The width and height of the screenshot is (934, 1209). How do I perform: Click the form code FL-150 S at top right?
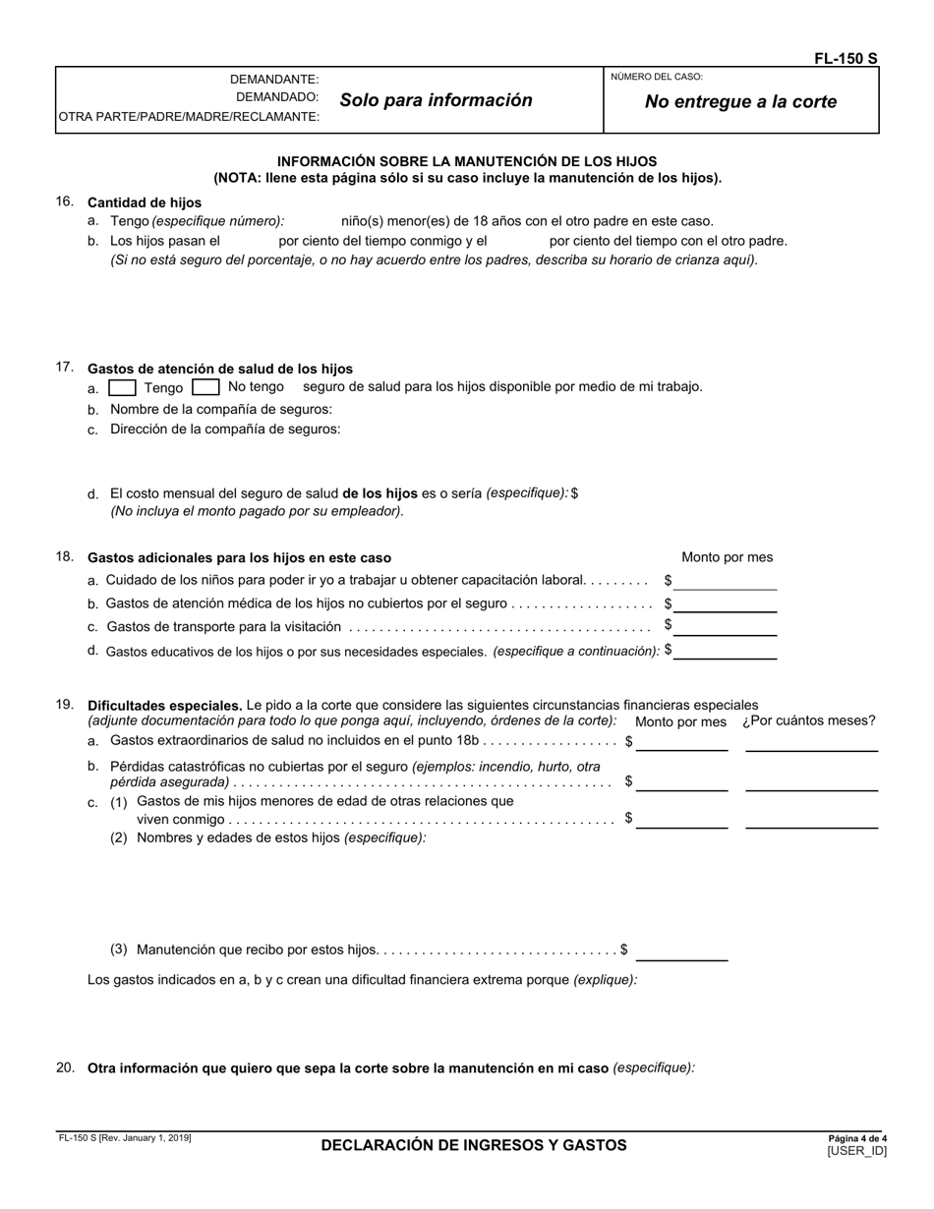(x=845, y=58)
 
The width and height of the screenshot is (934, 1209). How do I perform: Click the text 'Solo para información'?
(x=436, y=100)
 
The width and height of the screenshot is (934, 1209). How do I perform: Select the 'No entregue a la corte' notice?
(x=740, y=101)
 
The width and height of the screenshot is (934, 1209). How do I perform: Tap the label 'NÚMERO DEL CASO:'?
(x=657, y=77)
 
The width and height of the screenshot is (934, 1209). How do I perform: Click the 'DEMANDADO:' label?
(x=276, y=97)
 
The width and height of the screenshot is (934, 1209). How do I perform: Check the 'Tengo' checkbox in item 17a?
(x=122, y=387)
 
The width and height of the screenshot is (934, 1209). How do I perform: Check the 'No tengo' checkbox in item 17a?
(x=205, y=387)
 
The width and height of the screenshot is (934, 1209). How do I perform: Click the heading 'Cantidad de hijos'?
(x=145, y=202)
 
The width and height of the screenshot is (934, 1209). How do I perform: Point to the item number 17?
(x=65, y=368)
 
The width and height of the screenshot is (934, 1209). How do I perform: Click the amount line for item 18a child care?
(x=726, y=582)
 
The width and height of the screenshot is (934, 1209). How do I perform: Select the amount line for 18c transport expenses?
(x=726, y=627)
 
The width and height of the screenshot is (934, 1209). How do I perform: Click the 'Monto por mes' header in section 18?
(x=727, y=557)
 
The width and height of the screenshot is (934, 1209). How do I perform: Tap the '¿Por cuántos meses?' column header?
(x=808, y=720)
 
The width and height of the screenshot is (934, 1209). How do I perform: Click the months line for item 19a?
(x=811, y=743)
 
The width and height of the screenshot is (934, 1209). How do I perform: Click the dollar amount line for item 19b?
(x=681, y=782)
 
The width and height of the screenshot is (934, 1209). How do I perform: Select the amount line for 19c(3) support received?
(x=681, y=951)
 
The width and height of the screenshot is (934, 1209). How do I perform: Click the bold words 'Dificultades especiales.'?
(x=164, y=705)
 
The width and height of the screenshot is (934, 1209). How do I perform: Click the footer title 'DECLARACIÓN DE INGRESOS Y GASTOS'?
(x=473, y=1145)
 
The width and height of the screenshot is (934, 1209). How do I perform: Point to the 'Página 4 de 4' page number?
(x=857, y=1138)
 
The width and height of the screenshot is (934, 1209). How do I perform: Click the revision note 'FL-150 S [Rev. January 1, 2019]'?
(x=124, y=1138)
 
